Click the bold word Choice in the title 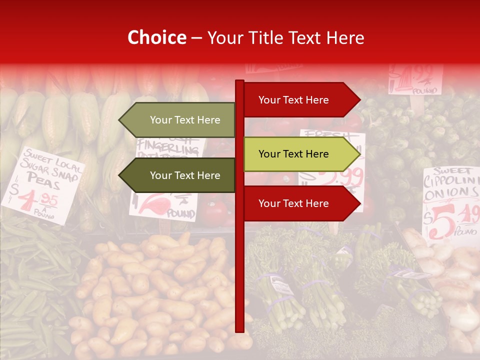tap(156, 38)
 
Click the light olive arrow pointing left tap(177, 120)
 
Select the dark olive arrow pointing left tap(177, 175)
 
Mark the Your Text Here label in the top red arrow tap(293, 100)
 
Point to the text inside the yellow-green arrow tap(293, 154)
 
